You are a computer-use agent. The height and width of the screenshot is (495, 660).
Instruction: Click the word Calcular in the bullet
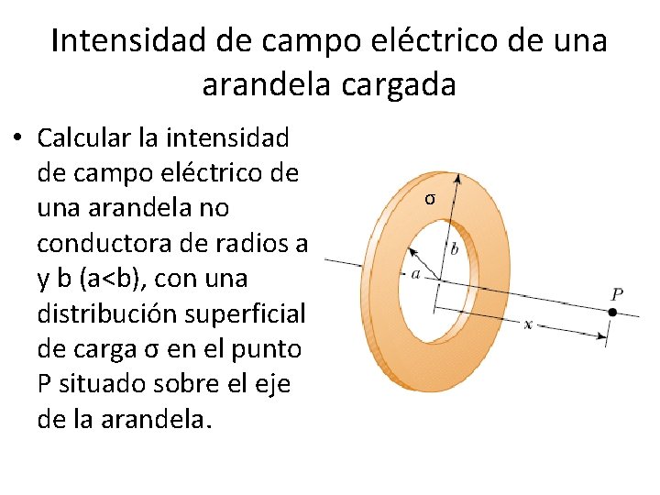pos(80,138)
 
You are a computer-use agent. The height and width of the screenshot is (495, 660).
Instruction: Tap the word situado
pos(110,383)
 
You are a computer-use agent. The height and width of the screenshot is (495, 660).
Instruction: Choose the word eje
pos(269,383)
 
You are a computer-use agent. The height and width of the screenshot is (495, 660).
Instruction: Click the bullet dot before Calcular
pos(17,140)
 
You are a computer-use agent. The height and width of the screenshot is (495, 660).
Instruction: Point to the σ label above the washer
pos(430,199)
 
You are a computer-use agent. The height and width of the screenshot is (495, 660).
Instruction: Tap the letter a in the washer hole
pos(416,273)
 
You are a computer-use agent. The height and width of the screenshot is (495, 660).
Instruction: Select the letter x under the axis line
pos(528,324)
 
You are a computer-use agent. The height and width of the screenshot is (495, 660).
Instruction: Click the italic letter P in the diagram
pos(618,294)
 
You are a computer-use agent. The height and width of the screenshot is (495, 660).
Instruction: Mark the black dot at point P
pos(611,313)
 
